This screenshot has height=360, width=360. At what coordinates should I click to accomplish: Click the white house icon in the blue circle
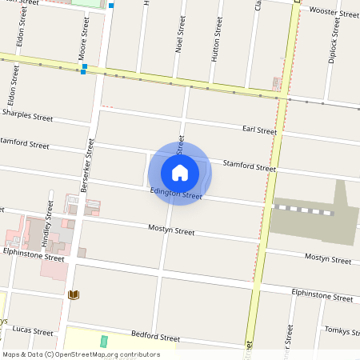[180, 172]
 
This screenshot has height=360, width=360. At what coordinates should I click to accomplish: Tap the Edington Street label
[176, 194]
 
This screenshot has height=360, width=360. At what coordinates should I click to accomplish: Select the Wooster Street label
[334, 13]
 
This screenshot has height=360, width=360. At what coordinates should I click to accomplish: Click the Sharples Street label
[27, 117]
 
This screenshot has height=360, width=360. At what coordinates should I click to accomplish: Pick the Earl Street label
[259, 130]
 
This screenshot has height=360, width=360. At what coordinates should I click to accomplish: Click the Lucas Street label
[33, 331]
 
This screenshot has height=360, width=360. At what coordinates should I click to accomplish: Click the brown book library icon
[74, 294]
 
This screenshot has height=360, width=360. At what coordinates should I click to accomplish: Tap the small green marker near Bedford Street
[104, 342]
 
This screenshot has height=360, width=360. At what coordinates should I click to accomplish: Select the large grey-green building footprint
[316, 224]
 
